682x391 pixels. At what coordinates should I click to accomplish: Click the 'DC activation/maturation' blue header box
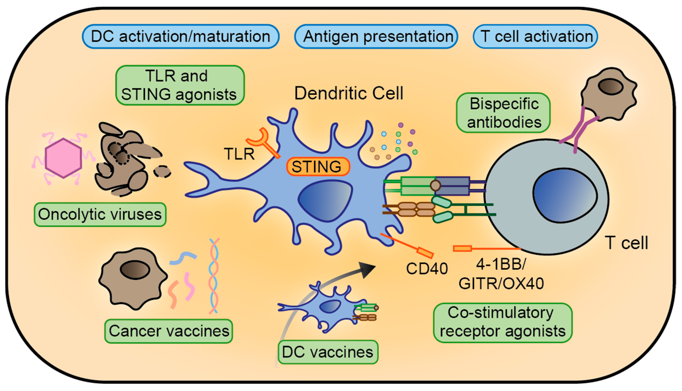click(x=181, y=36)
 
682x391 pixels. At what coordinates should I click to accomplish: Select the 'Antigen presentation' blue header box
click(x=376, y=36)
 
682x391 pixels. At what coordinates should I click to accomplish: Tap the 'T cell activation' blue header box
click(x=535, y=36)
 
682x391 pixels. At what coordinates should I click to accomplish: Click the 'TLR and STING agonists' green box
click(x=180, y=85)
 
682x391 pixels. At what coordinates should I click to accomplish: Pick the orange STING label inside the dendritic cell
click(x=318, y=166)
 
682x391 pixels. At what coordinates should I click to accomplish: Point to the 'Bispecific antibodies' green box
click(x=503, y=113)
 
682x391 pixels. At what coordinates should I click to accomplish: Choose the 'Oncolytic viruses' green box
click(x=100, y=215)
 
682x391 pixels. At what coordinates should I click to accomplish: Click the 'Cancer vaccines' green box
click(x=169, y=331)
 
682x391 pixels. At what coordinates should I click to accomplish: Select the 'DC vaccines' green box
click(x=328, y=352)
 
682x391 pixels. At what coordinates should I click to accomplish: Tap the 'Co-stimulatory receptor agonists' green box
click(x=503, y=323)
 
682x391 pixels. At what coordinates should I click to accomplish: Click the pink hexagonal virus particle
click(x=63, y=158)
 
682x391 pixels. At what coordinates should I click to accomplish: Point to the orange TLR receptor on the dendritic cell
click(x=263, y=142)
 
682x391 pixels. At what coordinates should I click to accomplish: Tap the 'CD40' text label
click(x=427, y=268)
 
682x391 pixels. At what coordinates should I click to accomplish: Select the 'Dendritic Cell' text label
click(x=349, y=93)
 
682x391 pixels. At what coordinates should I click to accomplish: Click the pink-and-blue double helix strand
click(x=214, y=276)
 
